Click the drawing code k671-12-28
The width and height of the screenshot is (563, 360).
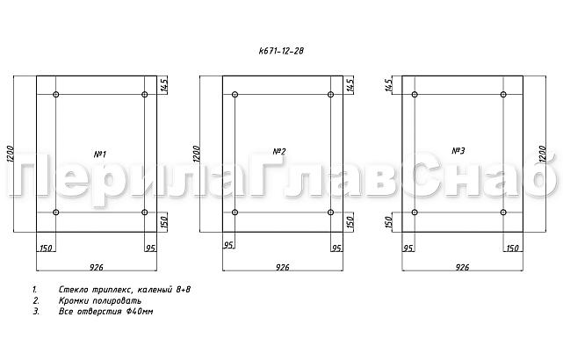point(280,51)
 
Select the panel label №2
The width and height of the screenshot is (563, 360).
point(280,151)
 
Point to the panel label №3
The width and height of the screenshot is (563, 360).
point(458,151)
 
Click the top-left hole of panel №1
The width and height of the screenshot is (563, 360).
point(56,94)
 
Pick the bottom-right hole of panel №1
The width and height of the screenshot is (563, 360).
point(145,212)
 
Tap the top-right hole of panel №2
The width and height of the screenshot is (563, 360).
point(330,94)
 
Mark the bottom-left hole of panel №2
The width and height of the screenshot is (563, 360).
point(235,212)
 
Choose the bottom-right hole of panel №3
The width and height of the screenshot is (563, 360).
point(504,212)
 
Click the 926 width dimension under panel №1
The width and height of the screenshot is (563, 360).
point(97,265)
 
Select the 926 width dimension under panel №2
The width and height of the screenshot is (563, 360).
point(283,265)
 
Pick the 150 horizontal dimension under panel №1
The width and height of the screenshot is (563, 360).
point(46,248)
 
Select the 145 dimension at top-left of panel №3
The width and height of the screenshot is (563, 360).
point(389,85)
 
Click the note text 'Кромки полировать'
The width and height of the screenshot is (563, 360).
point(100,300)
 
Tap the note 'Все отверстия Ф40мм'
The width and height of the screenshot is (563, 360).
point(106,312)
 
